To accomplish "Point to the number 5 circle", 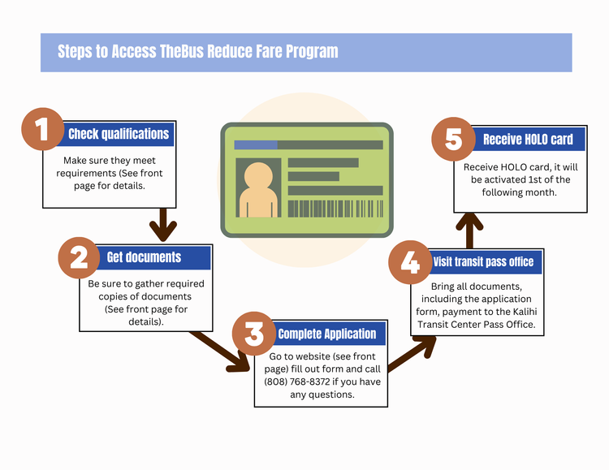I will (x=453, y=140).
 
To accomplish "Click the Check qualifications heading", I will (x=119, y=134).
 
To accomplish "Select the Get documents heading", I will (x=144, y=258).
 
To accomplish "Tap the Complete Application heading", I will (x=327, y=334).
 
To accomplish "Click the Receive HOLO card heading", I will (x=528, y=140).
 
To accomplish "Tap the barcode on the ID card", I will (x=335, y=209).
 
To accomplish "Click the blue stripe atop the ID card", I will (x=255, y=145).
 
